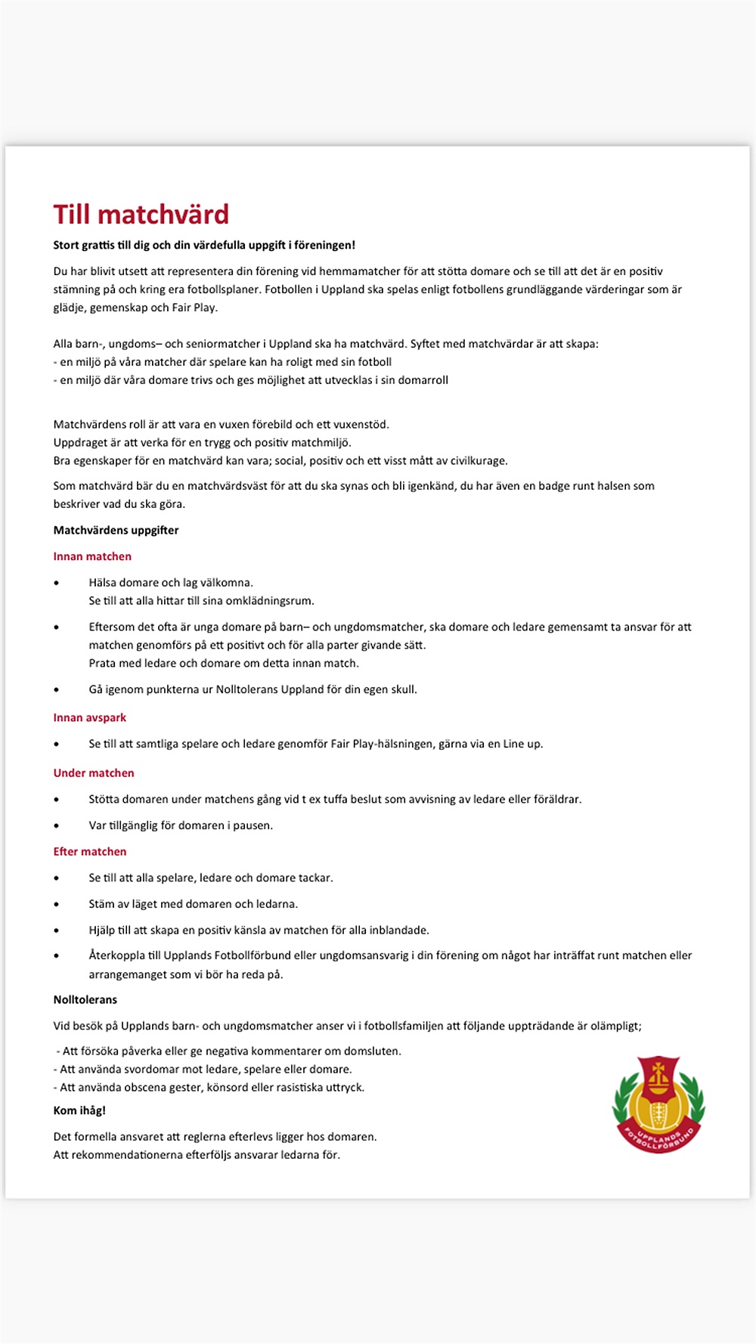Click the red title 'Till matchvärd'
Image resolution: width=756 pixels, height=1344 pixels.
tap(141, 215)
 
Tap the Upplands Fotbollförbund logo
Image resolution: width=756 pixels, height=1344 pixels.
tap(658, 1105)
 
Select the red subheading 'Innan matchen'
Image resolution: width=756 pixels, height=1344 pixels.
tap(92, 556)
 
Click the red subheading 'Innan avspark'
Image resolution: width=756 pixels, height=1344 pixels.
tap(89, 717)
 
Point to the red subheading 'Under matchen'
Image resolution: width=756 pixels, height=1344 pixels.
tap(94, 773)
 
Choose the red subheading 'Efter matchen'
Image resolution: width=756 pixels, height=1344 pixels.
tap(90, 851)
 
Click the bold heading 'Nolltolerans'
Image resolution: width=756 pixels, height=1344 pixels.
tap(85, 999)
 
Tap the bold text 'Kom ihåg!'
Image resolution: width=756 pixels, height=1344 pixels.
tap(79, 1110)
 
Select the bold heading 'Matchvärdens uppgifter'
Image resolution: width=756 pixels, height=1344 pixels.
tap(116, 530)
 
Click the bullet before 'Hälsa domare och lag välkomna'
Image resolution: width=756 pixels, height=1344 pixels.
tap(57, 583)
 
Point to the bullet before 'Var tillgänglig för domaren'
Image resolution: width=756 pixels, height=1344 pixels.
tap(57, 825)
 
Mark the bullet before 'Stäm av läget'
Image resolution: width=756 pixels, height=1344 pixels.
tap(57, 904)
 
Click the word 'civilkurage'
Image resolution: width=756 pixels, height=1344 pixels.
tap(479, 460)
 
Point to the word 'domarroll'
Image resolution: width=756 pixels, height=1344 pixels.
tap(423, 380)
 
